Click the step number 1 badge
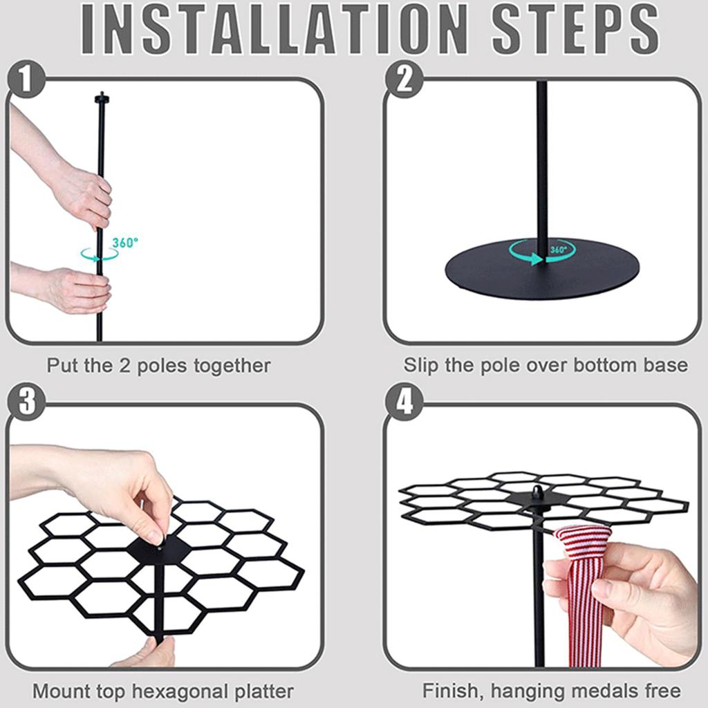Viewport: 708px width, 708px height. click(26, 79)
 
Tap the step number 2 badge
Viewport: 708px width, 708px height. click(404, 79)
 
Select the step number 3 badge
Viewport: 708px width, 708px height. click(26, 402)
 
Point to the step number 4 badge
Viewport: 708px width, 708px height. click(404, 402)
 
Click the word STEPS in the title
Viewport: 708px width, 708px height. click(575, 30)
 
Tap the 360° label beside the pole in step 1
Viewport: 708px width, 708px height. click(125, 243)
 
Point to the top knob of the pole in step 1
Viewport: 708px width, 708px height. click(102, 97)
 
